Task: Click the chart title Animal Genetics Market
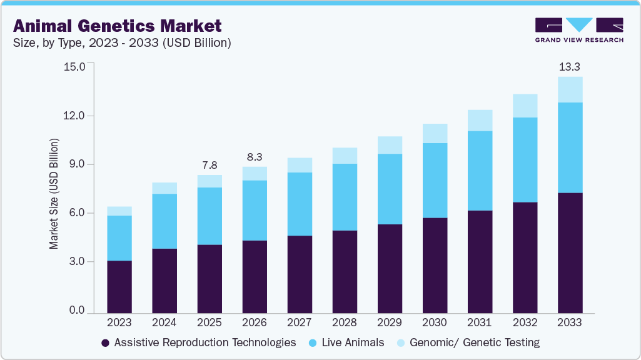tap(117, 26)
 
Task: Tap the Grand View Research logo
tap(579, 30)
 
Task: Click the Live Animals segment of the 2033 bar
tap(570, 147)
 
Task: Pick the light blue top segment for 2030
tap(435, 133)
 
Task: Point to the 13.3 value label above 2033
tap(570, 66)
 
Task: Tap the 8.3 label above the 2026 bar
tap(254, 156)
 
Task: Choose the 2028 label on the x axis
tap(344, 323)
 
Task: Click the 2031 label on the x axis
tap(480, 323)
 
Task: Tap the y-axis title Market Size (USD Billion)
tap(54, 194)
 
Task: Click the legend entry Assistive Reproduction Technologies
tap(198, 342)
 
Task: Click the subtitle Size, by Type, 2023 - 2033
tap(123, 43)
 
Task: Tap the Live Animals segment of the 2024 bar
tap(164, 221)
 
